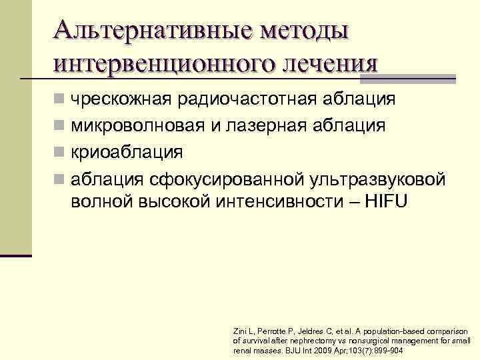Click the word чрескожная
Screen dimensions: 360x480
click(x=123, y=99)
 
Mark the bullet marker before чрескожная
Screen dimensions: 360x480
click(x=60, y=100)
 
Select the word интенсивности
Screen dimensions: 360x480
click(x=282, y=201)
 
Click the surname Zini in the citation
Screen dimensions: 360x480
click(x=240, y=331)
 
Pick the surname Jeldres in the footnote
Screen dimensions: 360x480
click(x=307, y=331)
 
